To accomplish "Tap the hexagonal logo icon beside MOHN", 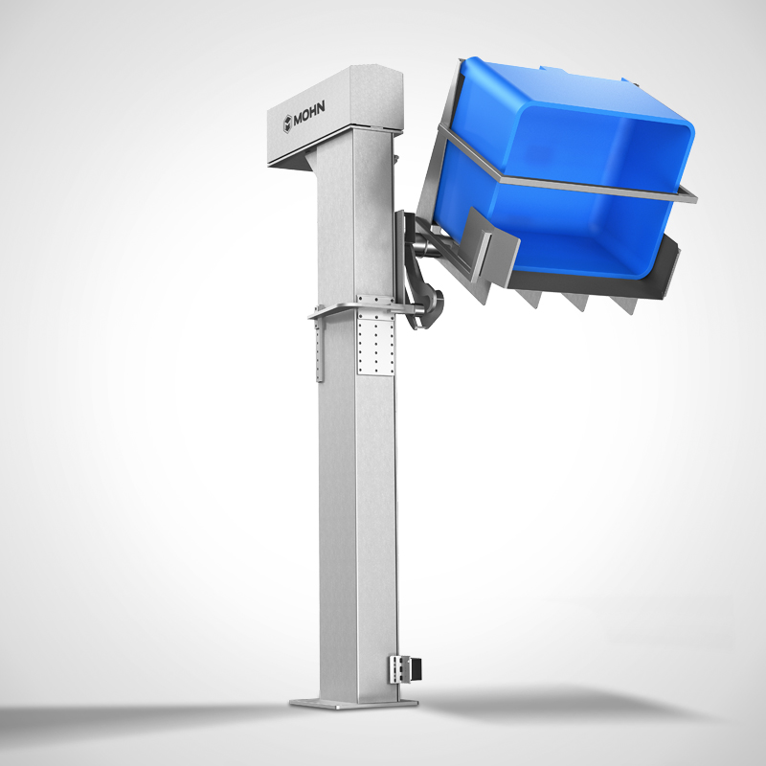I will [286, 123].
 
